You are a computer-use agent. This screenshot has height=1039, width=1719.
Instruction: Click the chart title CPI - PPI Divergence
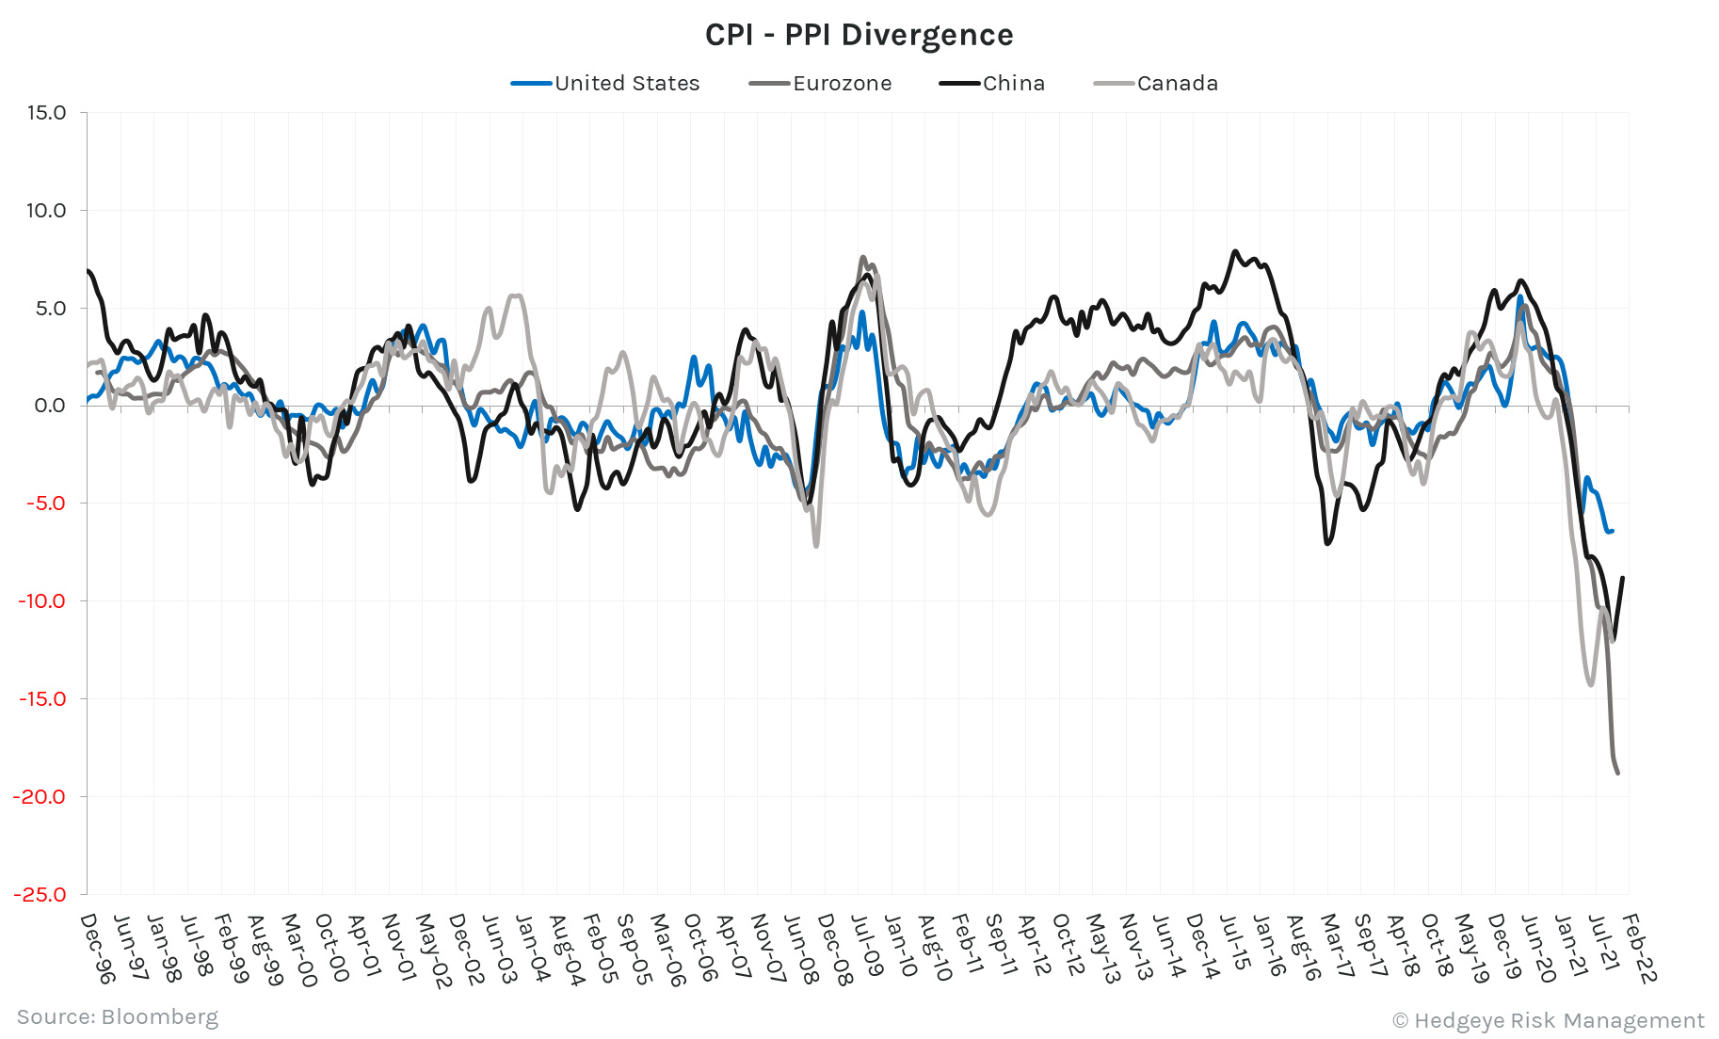pyautogui.click(x=859, y=35)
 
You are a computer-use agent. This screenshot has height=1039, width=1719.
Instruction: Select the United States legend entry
pyautogui.click(x=626, y=83)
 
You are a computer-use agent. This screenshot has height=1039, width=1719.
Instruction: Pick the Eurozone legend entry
pyautogui.click(x=841, y=83)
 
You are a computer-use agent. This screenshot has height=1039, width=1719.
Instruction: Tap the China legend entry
pyautogui.click(x=1013, y=83)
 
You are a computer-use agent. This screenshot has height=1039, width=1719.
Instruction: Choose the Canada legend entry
pyautogui.click(x=1177, y=83)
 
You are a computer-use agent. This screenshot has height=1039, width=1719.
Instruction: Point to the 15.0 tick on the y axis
pyautogui.click(x=46, y=113)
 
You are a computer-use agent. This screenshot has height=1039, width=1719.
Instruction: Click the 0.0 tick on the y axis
pyautogui.click(x=50, y=406)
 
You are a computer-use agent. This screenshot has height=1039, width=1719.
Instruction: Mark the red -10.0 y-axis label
pyautogui.click(x=42, y=601)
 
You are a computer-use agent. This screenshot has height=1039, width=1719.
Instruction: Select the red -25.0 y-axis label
pyautogui.click(x=40, y=894)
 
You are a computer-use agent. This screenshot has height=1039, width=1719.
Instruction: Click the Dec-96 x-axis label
pyautogui.click(x=97, y=949)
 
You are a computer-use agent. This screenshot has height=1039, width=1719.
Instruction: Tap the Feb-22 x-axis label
pyautogui.click(x=1639, y=949)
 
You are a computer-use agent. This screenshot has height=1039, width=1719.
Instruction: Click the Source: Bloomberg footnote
pyautogui.click(x=118, y=1017)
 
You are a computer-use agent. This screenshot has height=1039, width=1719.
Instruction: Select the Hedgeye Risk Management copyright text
pyautogui.click(x=1548, y=1021)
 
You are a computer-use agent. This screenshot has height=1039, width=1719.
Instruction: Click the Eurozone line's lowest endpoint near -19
pyautogui.click(x=1617, y=774)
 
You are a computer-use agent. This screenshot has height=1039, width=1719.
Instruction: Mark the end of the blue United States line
pyautogui.click(x=1613, y=531)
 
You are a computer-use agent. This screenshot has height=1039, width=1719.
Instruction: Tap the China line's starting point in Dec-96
pyautogui.click(x=88, y=271)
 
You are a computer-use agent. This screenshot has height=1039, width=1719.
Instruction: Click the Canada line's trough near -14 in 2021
pyautogui.click(x=1591, y=684)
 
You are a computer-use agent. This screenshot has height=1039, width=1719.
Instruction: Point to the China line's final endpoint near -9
pyautogui.click(x=1623, y=578)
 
